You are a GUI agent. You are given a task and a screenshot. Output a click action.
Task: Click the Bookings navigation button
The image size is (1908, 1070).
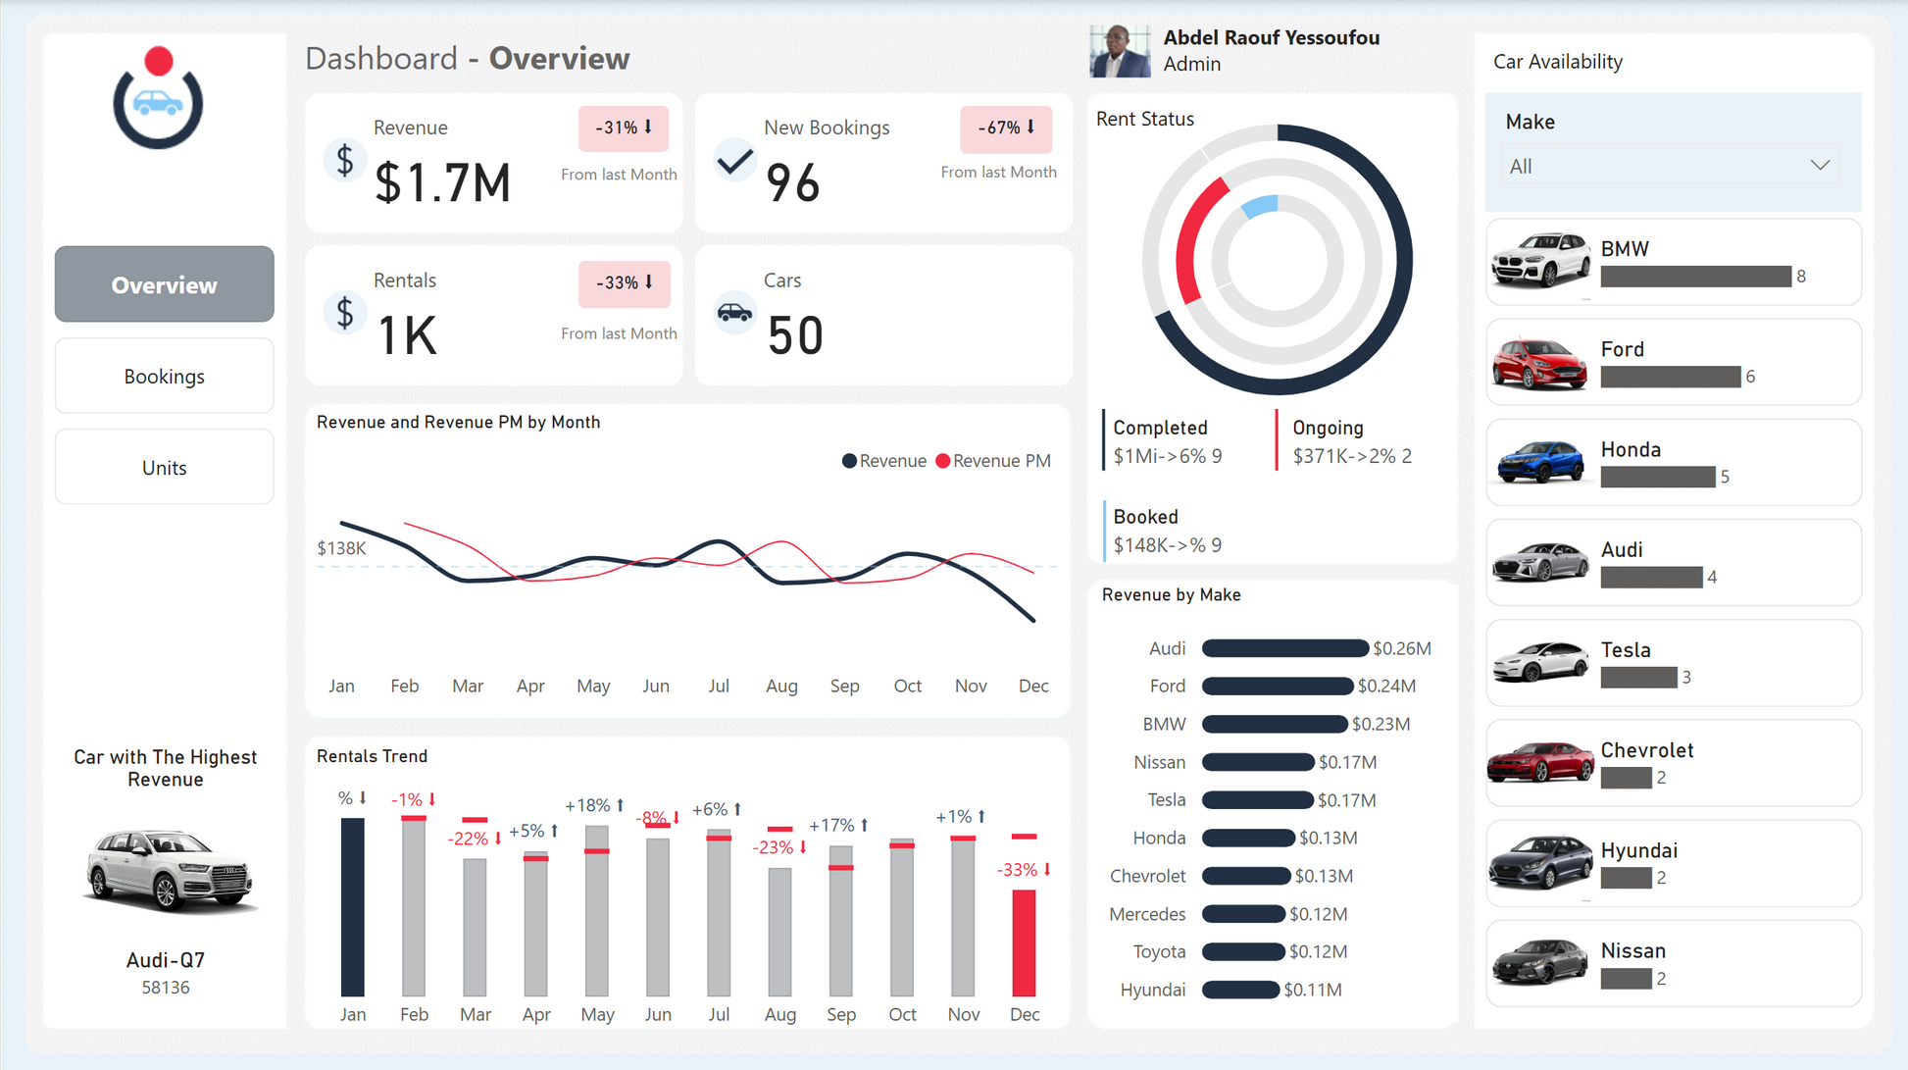(164, 377)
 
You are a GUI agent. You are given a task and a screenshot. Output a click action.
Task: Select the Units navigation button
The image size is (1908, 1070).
(164, 468)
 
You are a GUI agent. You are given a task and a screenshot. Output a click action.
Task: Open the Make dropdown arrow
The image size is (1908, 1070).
(1820, 166)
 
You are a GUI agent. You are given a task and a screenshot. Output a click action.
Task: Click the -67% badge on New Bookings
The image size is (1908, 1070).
(1006, 128)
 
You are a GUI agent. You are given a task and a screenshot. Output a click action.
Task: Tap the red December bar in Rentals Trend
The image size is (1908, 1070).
(1024, 943)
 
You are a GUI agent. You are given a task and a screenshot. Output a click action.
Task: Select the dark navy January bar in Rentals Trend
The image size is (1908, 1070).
(352, 907)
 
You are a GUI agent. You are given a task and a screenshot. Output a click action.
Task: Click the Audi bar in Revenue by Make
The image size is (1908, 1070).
(1284, 648)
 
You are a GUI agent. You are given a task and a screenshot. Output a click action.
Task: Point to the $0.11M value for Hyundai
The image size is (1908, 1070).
(1313, 990)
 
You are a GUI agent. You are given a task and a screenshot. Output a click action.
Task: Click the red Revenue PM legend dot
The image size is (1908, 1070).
(943, 461)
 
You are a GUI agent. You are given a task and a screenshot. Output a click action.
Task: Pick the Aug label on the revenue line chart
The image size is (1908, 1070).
(781, 686)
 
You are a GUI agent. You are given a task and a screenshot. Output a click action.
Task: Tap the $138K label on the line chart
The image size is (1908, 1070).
(341, 548)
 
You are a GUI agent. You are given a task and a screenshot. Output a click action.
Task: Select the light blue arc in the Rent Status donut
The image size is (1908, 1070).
(1260, 206)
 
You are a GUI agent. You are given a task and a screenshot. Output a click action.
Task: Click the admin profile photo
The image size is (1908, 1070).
(1120, 51)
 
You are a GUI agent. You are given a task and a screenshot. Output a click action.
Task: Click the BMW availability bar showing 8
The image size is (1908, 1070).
(1696, 277)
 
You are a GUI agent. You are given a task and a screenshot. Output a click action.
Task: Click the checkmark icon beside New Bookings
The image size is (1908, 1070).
(734, 160)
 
